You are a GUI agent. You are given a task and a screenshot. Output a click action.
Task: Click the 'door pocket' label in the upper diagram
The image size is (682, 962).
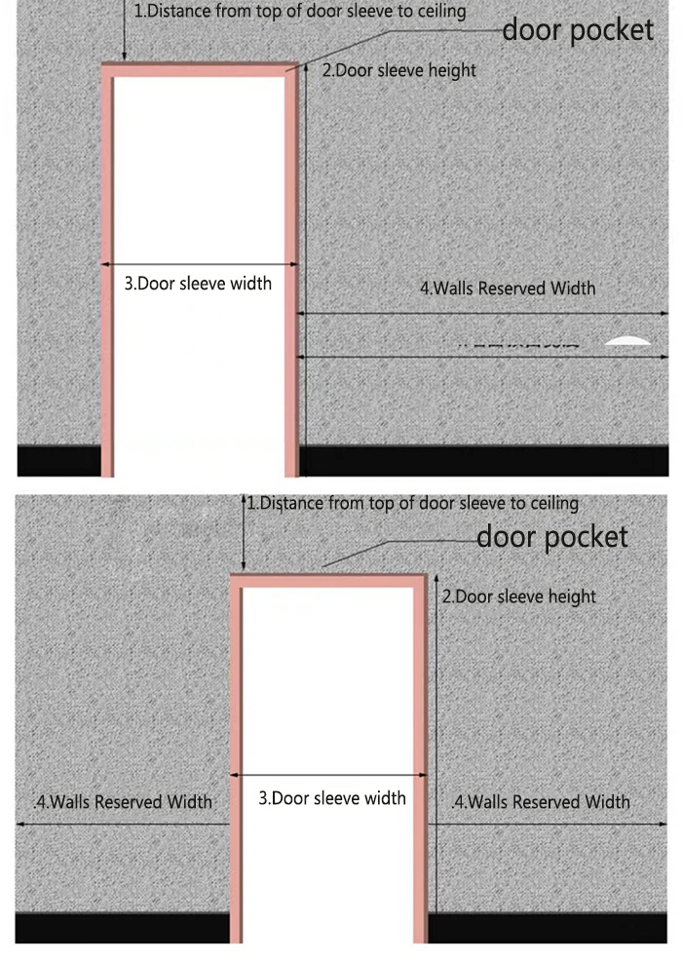click(x=578, y=30)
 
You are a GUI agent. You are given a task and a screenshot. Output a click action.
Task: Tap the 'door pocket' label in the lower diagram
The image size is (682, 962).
click(x=551, y=536)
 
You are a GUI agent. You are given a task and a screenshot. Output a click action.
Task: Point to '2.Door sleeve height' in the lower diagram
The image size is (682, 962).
click(x=518, y=596)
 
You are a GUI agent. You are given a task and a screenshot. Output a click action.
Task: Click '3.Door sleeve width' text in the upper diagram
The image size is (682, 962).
click(x=198, y=284)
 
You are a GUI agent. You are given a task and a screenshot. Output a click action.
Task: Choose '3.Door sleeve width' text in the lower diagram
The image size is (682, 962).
click(x=331, y=798)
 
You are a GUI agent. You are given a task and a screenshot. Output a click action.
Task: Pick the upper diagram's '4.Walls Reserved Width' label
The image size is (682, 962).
click(x=507, y=288)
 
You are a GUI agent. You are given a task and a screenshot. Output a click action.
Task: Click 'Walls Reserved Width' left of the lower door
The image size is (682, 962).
click(x=123, y=802)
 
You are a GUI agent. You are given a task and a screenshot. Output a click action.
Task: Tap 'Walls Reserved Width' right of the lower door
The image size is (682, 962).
click(x=542, y=802)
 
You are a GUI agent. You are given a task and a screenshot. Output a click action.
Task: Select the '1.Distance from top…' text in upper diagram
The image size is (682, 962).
click(x=299, y=12)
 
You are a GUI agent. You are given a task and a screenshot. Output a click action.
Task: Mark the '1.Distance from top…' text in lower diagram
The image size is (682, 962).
click(x=412, y=504)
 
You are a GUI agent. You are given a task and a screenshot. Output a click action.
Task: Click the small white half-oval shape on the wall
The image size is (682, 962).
click(x=626, y=340)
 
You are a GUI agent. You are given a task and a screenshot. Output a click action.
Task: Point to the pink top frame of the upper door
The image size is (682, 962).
click(x=199, y=67)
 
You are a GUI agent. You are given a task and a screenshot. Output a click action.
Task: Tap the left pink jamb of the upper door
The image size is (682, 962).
click(x=106, y=273)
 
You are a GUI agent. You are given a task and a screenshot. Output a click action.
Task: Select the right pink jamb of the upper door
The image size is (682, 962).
click(x=289, y=273)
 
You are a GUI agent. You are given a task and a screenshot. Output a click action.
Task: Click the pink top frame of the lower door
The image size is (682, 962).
click(x=329, y=581)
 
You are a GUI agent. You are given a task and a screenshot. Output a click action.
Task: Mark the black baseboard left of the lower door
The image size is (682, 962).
click(x=122, y=927)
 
